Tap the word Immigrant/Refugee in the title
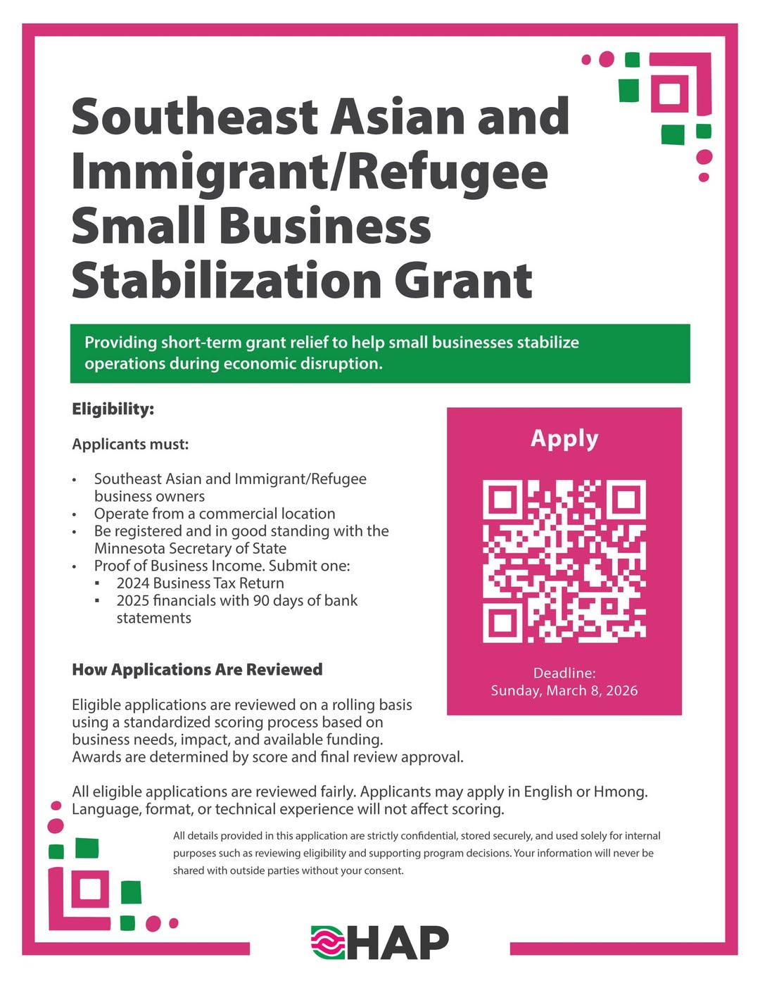tap(310, 172)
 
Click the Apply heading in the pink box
tap(564, 438)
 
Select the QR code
tap(564, 562)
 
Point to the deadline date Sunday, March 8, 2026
tap(564, 690)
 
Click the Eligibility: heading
tap(113, 409)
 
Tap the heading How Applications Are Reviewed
tap(197, 669)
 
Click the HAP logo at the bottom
tap(380, 943)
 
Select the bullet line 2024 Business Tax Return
tap(200, 583)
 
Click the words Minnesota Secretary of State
tap(190, 548)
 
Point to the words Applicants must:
tap(130, 444)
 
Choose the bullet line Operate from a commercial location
tap(215, 514)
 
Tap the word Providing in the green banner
tap(120, 343)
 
